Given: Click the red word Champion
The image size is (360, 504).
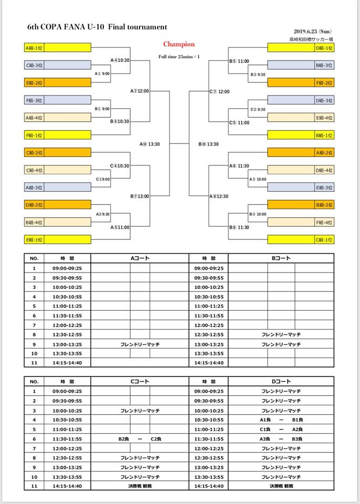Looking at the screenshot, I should point(178,45).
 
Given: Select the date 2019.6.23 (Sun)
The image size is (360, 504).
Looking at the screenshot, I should point(313,31).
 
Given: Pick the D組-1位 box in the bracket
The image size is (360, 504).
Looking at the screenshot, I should point(301,48).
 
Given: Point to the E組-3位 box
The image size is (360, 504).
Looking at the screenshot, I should point(301,187).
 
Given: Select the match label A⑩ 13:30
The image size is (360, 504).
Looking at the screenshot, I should point(150,144).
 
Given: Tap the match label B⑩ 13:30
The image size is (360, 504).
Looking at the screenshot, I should point(208,144).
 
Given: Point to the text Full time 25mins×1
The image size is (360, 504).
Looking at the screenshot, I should point(179,57).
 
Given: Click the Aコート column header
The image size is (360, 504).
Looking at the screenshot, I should point(140,258).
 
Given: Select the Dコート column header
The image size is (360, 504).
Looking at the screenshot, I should point(281,381).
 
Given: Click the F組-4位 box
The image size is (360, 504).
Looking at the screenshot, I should point(301,222).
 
